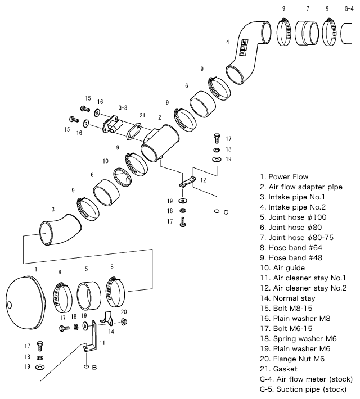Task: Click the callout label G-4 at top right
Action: click(x=349, y=8)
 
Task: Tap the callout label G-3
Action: click(x=123, y=107)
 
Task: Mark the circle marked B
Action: click(x=86, y=367)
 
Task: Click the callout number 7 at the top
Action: click(x=308, y=8)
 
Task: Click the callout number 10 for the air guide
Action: click(x=105, y=161)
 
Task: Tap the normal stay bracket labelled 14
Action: click(x=106, y=319)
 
